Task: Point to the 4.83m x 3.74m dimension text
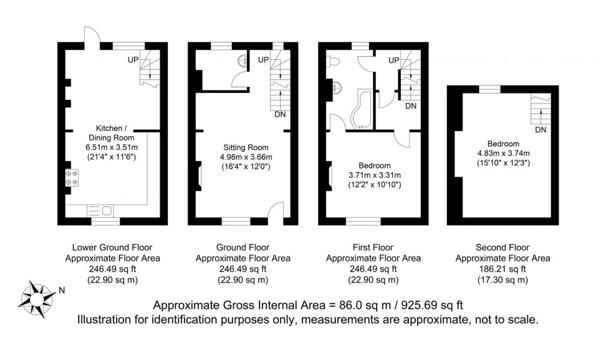(x=503, y=153)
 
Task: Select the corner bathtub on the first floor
(x=360, y=111)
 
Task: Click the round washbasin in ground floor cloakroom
(x=243, y=61)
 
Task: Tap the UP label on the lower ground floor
(x=133, y=60)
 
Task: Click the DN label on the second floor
(x=541, y=130)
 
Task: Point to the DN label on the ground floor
(x=280, y=115)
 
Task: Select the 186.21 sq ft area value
(x=503, y=269)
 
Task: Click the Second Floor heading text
(x=503, y=248)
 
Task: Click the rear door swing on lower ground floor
(x=92, y=36)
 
